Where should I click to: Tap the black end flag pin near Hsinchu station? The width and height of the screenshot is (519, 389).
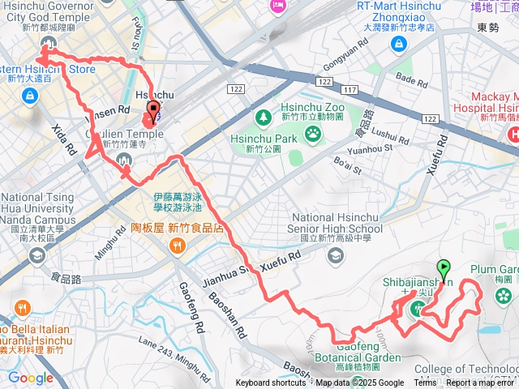153,114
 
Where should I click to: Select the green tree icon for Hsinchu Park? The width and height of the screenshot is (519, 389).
264,118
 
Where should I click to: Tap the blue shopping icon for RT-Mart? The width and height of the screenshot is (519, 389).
397,43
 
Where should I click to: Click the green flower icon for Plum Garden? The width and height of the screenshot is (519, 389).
504,293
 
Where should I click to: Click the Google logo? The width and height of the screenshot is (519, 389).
30,378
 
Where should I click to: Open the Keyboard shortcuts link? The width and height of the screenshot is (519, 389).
271,383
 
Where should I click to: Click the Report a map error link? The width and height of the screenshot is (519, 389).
481,383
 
